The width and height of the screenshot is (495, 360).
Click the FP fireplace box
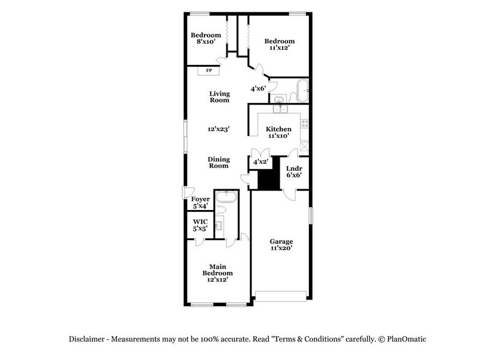pyautogui.click(x=209, y=71)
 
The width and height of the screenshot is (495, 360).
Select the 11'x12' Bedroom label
pyautogui.click(x=275, y=44)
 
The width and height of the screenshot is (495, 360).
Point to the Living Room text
pyautogui.click(x=219, y=97)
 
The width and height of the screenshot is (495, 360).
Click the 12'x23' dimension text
pyautogui.click(x=218, y=129)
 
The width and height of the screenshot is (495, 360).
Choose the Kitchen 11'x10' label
pyautogui.click(x=278, y=133)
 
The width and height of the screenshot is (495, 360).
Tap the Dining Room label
pyautogui.click(x=218, y=162)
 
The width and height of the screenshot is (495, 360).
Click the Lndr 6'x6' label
pyautogui.click(x=294, y=172)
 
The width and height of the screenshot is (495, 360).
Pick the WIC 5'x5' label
pyautogui.click(x=200, y=225)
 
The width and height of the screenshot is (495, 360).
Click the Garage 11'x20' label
pyautogui.click(x=281, y=245)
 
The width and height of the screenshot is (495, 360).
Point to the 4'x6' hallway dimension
pyautogui.click(x=258, y=89)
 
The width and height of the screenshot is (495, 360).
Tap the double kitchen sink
pyautogui.click(x=280, y=110)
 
